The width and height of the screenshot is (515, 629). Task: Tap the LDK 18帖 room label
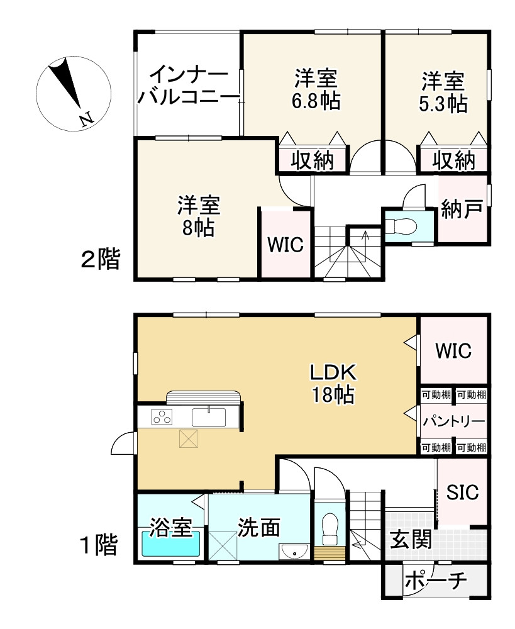(333, 384)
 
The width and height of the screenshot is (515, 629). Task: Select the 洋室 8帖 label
(199, 216)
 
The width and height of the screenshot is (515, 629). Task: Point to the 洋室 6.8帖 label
(316, 89)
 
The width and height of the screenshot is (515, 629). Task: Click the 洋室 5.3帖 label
(443, 92)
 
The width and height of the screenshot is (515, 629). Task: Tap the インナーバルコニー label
(189, 86)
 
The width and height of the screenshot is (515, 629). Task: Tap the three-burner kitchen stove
(162, 416)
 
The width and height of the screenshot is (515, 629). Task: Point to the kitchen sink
(209, 417)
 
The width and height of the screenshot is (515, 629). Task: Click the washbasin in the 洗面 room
(294, 552)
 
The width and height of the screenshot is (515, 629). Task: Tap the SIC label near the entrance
(462, 491)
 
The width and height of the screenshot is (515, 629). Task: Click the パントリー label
(454, 421)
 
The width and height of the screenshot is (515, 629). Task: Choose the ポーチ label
(436, 581)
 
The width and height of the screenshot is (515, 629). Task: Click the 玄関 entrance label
(411, 539)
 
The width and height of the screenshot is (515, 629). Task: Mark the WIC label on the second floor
(285, 244)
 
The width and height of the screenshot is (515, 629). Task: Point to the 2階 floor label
(100, 259)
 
